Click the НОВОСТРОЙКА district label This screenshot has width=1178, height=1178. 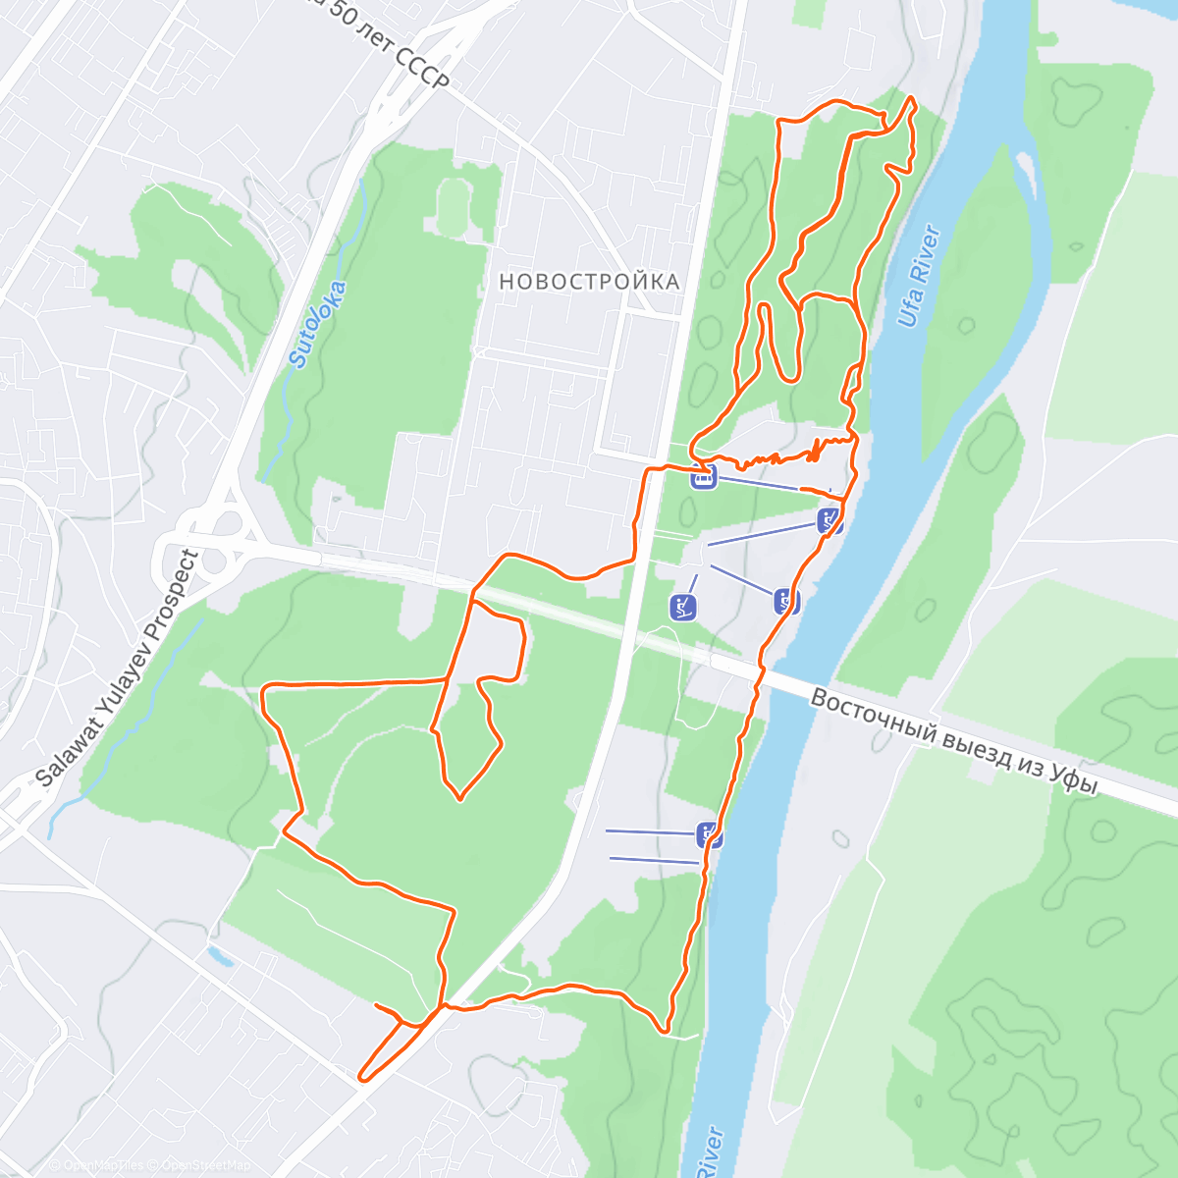[x=589, y=282]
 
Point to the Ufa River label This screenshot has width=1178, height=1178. [x=919, y=277]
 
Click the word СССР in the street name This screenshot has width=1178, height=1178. [x=422, y=65]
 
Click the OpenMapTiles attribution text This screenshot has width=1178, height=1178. [x=103, y=1165]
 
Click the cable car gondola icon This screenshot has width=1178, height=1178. [x=703, y=477]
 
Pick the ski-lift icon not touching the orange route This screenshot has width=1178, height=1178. [x=683, y=608]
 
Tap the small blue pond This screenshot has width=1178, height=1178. [x=220, y=955]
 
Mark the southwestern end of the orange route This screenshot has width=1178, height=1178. [x=362, y=1079]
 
